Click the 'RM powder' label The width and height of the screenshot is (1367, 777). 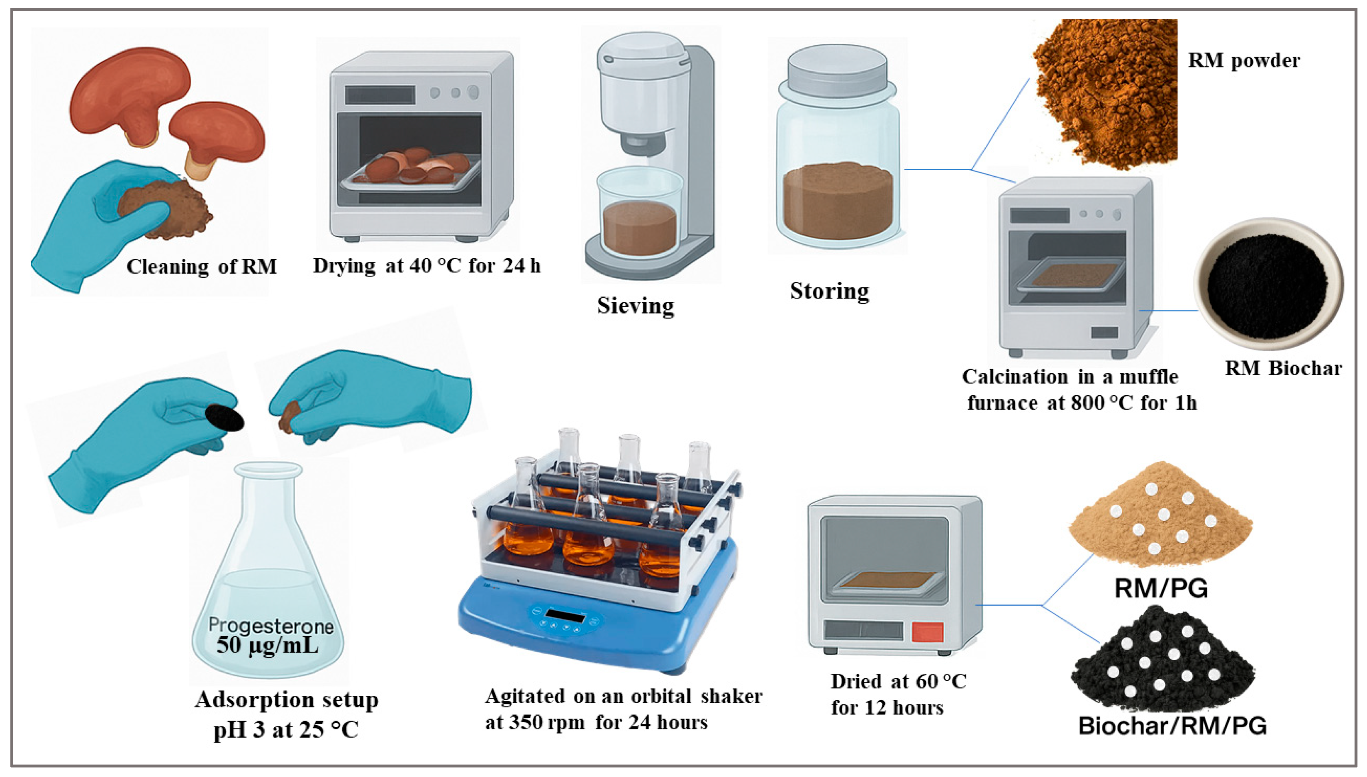pos(1243,60)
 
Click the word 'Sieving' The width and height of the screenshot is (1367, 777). pos(636,306)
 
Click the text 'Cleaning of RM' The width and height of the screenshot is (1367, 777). pos(201,266)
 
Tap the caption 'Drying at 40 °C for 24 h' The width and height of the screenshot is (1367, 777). pos(426,265)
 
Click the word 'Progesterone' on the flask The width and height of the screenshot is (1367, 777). pos(271,625)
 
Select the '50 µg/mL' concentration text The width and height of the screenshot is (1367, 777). pos(267,645)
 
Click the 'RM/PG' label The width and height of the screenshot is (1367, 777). pos(1161,588)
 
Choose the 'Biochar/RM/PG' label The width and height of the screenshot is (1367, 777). pos(1172,726)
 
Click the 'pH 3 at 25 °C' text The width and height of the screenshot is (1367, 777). pos(286,729)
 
